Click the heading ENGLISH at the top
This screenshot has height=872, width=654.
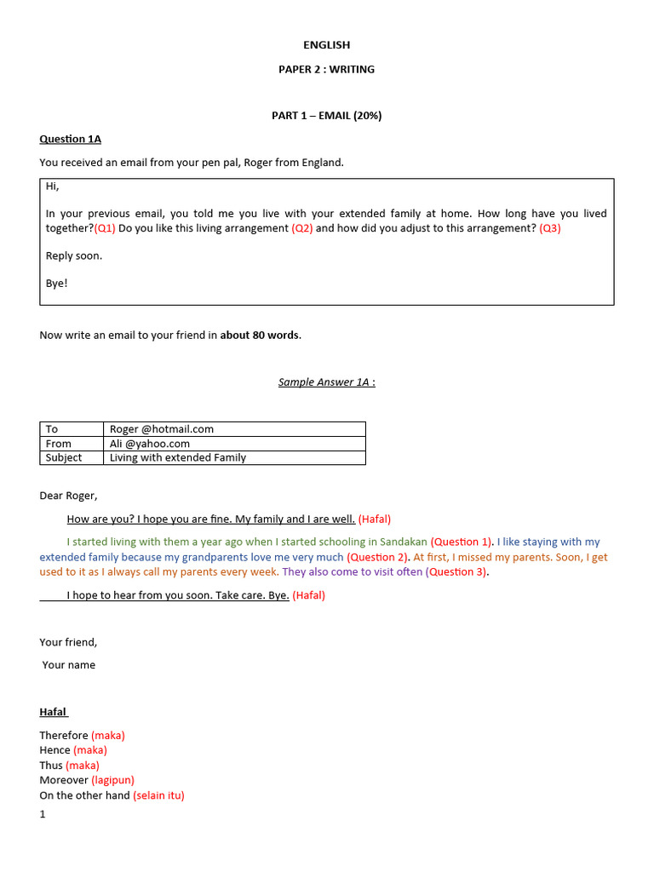click(326, 45)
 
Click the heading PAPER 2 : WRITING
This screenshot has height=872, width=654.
click(326, 69)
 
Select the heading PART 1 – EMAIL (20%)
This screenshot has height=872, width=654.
click(326, 116)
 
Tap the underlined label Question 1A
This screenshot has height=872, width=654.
click(71, 139)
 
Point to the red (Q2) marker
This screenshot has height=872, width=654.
click(301, 228)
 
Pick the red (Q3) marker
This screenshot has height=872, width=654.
click(547, 228)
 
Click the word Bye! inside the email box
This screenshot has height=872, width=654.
click(56, 283)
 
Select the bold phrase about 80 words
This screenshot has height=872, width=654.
click(260, 335)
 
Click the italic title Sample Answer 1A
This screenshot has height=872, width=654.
click(326, 381)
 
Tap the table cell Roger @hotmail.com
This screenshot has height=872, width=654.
click(162, 429)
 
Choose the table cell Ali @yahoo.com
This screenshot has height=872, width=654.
click(150, 444)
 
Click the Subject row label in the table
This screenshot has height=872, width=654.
click(64, 457)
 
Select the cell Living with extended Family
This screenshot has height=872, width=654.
click(178, 457)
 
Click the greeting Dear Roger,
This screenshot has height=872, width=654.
click(69, 496)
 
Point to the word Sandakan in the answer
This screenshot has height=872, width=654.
click(402, 542)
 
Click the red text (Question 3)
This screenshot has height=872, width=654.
click(456, 572)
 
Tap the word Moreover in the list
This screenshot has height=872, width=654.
click(64, 780)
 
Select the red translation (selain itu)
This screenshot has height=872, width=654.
click(158, 795)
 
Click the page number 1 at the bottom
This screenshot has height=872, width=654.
click(43, 814)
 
